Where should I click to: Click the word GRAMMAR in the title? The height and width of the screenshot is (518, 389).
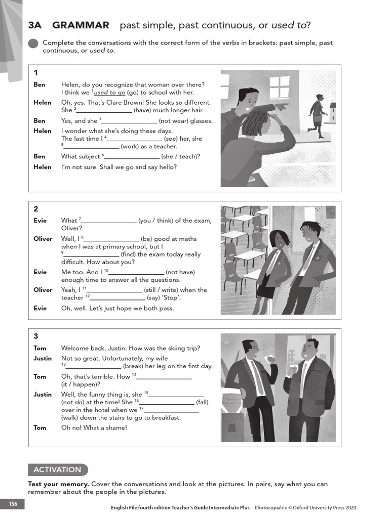[x=81, y=25]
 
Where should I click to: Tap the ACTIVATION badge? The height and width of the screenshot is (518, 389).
[x=57, y=469]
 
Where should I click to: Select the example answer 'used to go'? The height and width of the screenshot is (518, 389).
[x=109, y=93]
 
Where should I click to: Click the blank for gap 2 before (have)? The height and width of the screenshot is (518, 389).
[x=104, y=110]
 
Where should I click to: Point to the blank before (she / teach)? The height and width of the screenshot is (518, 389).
[x=132, y=157]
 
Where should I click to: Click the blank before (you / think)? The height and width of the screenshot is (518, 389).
[x=108, y=221]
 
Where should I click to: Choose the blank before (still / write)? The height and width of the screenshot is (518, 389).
[x=114, y=290]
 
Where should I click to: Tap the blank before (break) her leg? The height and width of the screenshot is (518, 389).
[x=93, y=367]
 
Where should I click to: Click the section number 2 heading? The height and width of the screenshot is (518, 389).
[x=36, y=209]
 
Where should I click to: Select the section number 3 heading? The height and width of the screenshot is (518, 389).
[x=36, y=336]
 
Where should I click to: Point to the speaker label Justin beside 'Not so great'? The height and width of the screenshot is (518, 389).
[x=43, y=358]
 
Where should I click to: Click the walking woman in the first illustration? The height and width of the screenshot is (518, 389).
[x=318, y=115]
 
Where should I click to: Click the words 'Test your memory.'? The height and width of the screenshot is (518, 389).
[x=58, y=484]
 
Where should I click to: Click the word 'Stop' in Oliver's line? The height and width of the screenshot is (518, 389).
[x=171, y=298]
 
